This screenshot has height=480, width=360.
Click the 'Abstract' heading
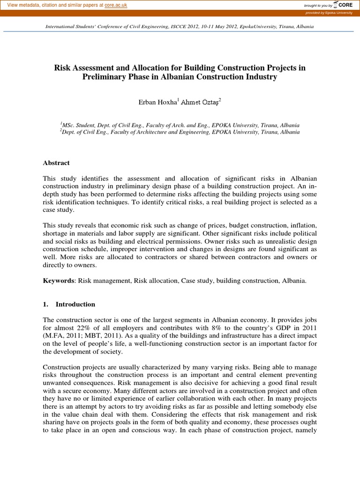[x=56, y=163]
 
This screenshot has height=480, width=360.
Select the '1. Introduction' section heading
[x=69, y=304]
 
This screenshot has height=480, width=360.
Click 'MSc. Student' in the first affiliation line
[x=79, y=125]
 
